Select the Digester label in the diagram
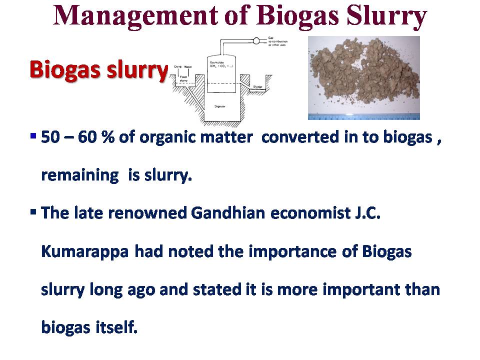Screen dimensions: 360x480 [x=218, y=106]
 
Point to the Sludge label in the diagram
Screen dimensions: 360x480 [x=258, y=86]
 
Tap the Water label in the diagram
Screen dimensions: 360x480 [x=188, y=66]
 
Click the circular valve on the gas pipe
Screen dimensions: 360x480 [x=257, y=40]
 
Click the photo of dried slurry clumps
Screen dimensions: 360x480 [x=363, y=75]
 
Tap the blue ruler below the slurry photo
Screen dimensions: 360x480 [x=363, y=116]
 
